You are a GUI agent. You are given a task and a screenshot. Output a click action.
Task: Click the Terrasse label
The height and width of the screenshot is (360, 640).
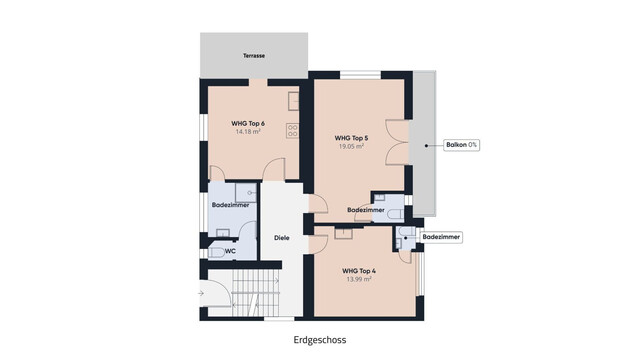(254, 56)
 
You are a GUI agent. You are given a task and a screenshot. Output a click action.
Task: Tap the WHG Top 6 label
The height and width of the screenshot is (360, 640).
(247, 122)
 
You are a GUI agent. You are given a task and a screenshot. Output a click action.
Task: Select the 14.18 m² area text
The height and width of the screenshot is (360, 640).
(247, 131)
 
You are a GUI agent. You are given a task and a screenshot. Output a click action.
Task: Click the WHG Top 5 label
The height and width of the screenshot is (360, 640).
(351, 137)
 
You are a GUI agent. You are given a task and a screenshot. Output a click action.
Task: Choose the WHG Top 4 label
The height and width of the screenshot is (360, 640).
(357, 271)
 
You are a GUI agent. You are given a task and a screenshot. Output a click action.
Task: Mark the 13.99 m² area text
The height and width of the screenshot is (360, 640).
(357, 280)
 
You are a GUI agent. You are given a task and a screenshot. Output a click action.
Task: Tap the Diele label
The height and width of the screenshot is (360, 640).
(282, 237)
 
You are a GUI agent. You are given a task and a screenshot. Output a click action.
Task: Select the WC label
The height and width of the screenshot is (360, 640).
(230, 251)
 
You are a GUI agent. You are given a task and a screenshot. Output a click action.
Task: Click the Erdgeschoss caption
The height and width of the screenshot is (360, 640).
(320, 339)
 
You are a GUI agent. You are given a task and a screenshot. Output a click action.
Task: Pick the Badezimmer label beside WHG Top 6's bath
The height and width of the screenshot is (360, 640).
(230, 205)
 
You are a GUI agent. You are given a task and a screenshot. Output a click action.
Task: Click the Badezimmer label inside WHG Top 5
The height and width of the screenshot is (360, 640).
(366, 210)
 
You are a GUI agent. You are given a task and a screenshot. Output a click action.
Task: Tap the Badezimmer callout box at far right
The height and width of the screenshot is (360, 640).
(441, 237)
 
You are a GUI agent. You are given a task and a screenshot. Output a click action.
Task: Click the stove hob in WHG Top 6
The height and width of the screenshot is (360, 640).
(294, 128)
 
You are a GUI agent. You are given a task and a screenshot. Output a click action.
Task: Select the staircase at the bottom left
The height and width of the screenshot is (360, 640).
(245, 294)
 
